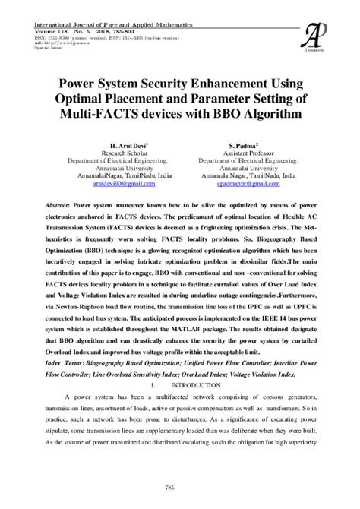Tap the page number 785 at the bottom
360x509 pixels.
(x=180, y=486)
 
